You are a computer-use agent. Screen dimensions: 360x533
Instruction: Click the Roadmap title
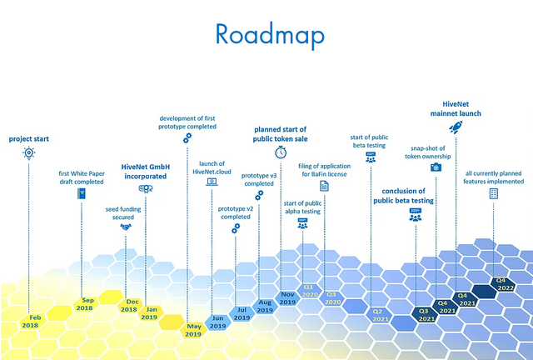(x=268, y=33)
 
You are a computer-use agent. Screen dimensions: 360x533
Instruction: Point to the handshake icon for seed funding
(x=126, y=226)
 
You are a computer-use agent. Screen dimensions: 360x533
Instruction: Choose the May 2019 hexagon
(x=193, y=330)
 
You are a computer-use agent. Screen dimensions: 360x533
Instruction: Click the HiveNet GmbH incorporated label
(x=146, y=172)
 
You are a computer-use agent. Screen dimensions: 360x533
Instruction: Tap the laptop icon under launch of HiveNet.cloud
(x=212, y=181)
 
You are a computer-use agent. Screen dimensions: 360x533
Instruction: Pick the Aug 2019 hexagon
(x=265, y=306)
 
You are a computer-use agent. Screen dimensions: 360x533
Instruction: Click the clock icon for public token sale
(x=281, y=152)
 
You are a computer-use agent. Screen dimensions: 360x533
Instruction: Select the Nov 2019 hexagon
(x=288, y=298)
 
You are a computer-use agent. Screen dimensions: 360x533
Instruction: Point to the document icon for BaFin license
(x=325, y=187)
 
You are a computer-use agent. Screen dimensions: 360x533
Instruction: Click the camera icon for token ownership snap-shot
(x=436, y=167)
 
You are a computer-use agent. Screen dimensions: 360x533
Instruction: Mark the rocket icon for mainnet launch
(x=456, y=127)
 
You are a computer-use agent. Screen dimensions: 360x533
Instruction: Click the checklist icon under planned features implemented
(x=494, y=193)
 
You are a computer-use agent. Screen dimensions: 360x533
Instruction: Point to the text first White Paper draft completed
(x=81, y=177)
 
